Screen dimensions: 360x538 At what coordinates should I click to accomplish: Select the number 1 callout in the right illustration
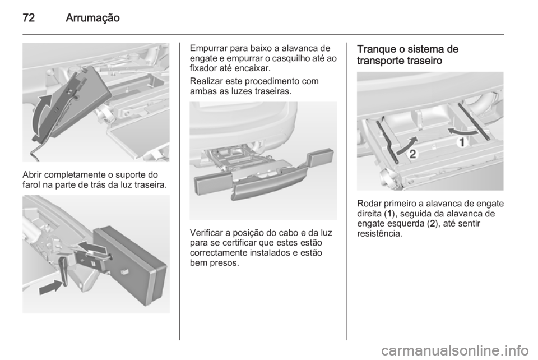(x=462, y=144)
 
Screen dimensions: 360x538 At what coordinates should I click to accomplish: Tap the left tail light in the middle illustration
(x=210, y=184)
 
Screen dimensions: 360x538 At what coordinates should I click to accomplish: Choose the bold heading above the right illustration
(x=408, y=55)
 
